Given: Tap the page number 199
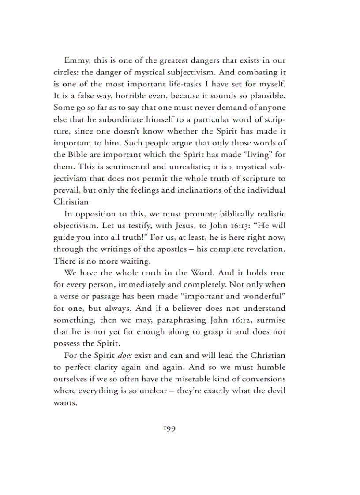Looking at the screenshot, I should tap(169, 428).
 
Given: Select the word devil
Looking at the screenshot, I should tap(275, 391).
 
